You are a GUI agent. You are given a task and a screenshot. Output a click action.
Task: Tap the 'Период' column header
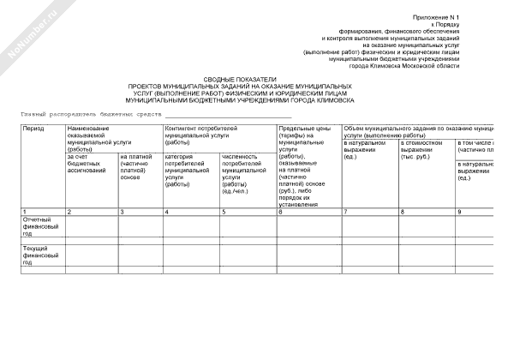(x=33, y=129)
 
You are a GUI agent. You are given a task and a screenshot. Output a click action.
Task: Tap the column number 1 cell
(x=25, y=211)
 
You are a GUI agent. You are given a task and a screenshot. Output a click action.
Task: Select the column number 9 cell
(x=459, y=211)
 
